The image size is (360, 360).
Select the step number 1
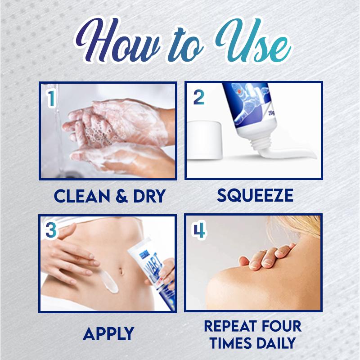pos(51,99)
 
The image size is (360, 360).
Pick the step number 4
pos(199,230)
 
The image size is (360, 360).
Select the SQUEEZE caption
pos(255,195)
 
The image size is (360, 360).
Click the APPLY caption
pos(108,334)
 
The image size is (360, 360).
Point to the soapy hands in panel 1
pos(112,130)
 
